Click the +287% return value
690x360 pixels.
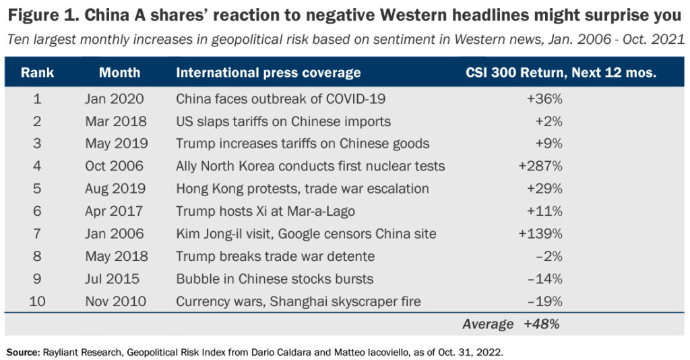[x=540, y=166]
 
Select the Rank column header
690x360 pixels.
[x=37, y=73]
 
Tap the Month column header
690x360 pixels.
[x=119, y=73]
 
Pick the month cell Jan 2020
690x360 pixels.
[x=114, y=99]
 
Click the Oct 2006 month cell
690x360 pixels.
[x=114, y=166]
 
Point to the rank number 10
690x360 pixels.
[x=37, y=301]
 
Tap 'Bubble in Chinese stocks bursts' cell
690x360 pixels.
[x=274, y=279]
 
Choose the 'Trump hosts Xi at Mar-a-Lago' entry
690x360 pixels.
[x=265, y=211]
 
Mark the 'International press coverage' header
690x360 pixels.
[x=268, y=73]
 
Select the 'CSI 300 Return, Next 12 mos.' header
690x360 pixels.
[x=561, y=73]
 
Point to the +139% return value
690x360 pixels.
[x=540, y=234]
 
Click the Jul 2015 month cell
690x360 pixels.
[x=113, y=279]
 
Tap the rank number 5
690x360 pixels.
[x=37, y=189]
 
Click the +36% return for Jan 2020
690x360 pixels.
[x=544, y=99]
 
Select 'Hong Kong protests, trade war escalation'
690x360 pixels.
[x=303, y=189]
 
